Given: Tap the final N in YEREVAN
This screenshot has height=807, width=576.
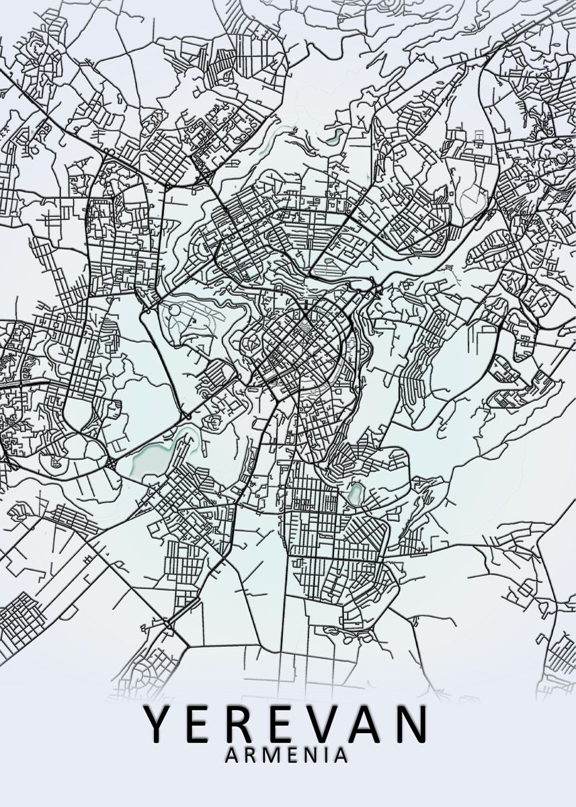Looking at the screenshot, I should click(x=411, y=724).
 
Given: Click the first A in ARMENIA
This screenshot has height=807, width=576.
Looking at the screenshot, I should click(x=233, y=756).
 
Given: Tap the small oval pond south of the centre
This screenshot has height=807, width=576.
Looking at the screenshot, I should click(x=356, y=495).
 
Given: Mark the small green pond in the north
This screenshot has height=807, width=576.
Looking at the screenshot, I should click(x=334, y=135).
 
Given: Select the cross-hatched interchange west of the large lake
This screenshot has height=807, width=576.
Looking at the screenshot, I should click(x=110, y=464).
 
